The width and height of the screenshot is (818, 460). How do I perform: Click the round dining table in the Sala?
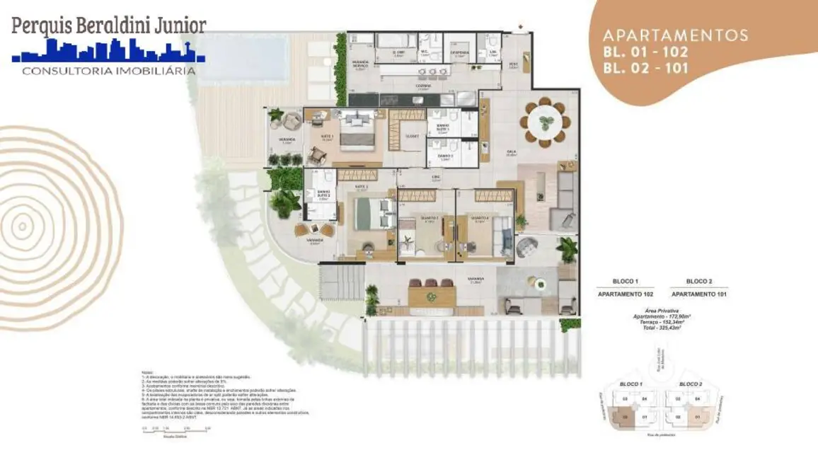coord(545,123)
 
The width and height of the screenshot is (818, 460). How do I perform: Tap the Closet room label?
coord(413,136)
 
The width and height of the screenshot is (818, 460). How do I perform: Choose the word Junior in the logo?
coord(173,25)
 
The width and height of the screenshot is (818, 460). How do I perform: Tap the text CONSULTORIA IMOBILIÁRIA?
coord(109,71)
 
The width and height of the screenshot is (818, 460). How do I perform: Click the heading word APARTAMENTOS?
coord(675,35)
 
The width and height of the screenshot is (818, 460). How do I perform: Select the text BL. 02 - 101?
coord(645,69)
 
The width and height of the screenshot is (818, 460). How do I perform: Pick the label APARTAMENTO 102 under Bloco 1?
coord(626,294)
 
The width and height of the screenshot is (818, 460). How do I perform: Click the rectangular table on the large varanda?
coord(431,295)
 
